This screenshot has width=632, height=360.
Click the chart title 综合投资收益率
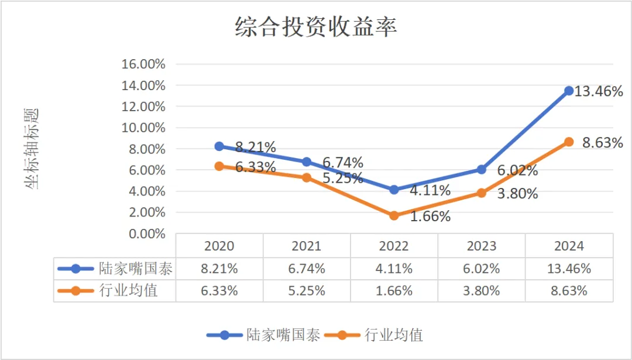(316, 28)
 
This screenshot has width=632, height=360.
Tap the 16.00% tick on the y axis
(143, 64)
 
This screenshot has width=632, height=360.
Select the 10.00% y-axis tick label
(143, 128)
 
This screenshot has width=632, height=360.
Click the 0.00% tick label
(146, 234)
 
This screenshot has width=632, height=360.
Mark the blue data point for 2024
(569, 91)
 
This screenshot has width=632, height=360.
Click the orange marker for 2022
(394, 215)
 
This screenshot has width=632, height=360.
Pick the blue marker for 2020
(219, 146)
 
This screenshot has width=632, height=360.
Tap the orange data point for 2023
(482, 193)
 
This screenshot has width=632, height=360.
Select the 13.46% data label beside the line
(598, 91)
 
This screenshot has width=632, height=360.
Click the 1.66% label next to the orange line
(430, 217)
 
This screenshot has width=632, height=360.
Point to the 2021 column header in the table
(307, 246)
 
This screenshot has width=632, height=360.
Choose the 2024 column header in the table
(569, 246)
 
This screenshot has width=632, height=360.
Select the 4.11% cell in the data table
(394, 269)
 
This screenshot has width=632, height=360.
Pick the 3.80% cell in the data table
(482, 290)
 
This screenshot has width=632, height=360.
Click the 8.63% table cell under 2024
(569, 290)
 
